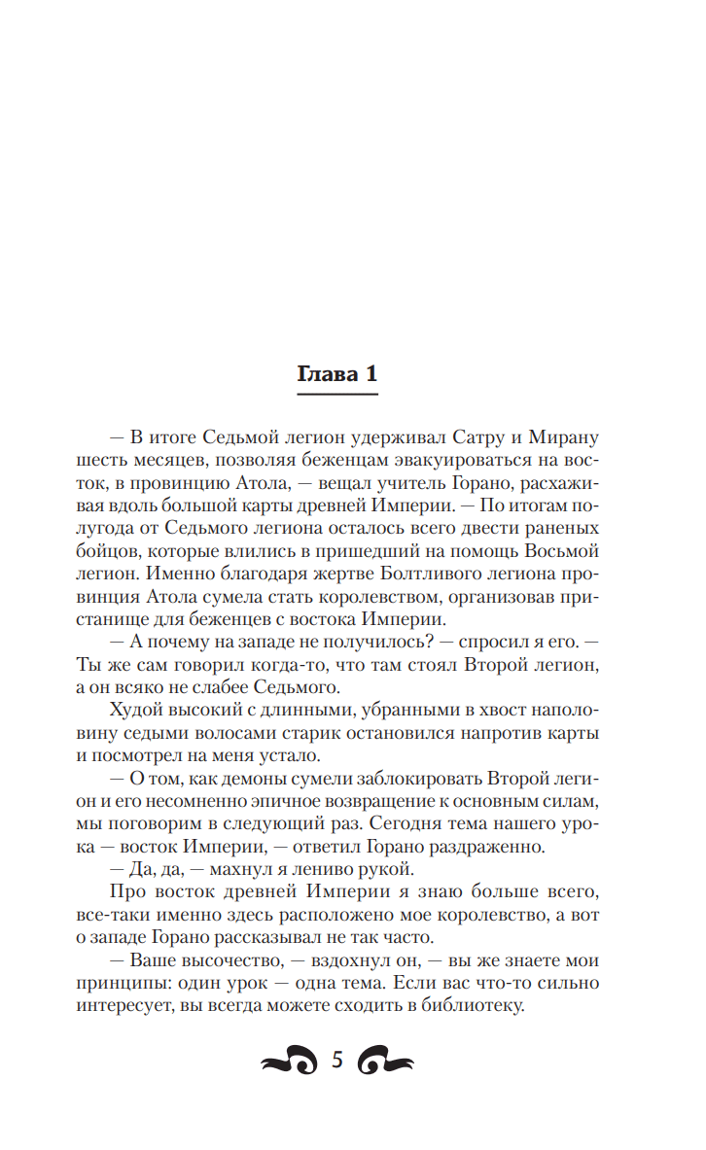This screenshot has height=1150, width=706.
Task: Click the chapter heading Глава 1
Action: (x=336, y=375)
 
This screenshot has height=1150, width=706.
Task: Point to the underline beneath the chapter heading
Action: (x=336, y=394)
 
